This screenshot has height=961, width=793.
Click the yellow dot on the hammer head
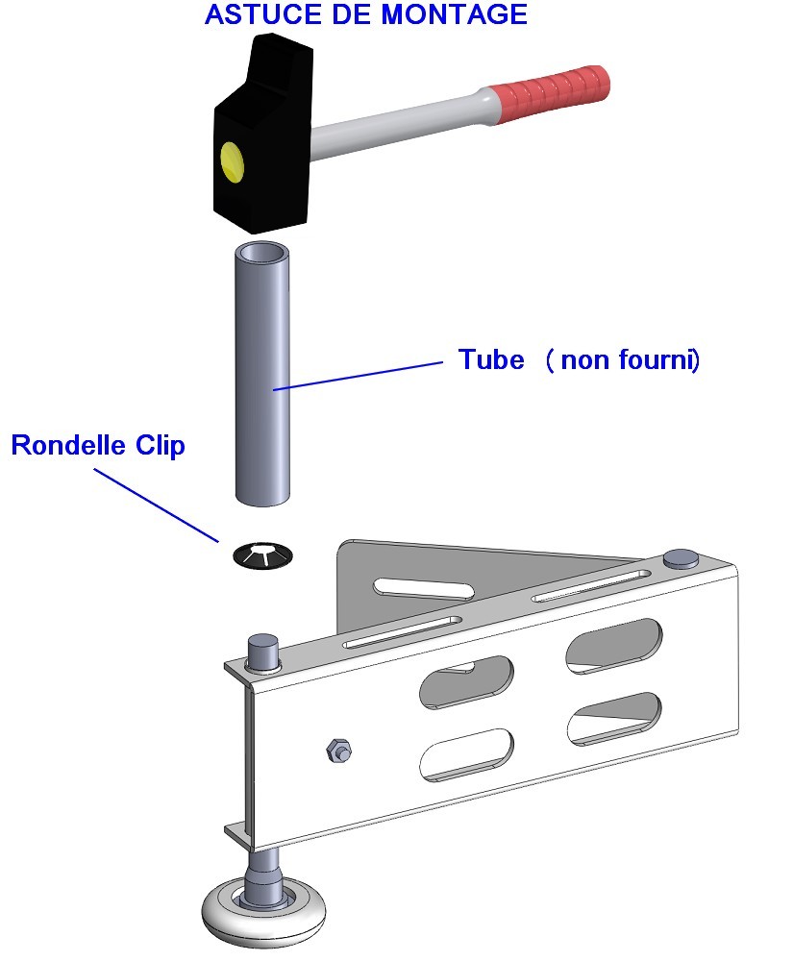pyautogui.click(x=232, y=160)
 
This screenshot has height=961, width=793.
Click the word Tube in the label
pyautogui.click(x=491, y=360)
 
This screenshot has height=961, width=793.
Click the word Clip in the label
pyautogui.click(x=158, y=446)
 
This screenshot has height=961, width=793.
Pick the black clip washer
pyautogui.click(x=261, y=555)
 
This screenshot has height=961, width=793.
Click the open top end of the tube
pyautogui.click(x=262, y=255)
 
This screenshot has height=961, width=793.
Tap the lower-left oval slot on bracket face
pyautogui.click(x=467, y=754)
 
